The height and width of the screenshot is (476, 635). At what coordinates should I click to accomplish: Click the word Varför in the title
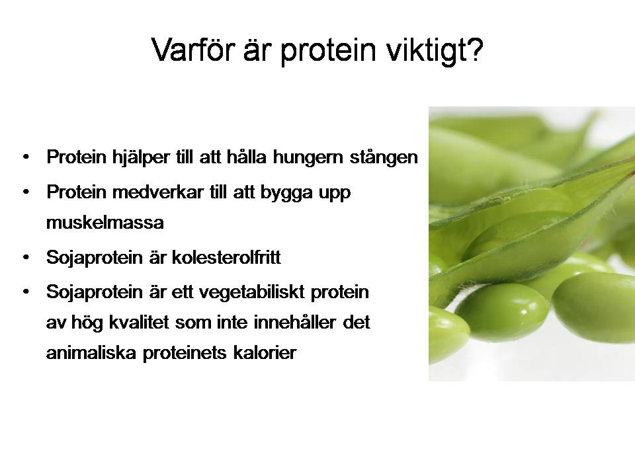click(193, 50)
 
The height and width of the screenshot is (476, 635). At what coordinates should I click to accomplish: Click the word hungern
click(308, 157)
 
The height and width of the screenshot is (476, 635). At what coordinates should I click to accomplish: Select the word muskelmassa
click(105, 223)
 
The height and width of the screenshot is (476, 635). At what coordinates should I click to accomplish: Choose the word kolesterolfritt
click(226, 257)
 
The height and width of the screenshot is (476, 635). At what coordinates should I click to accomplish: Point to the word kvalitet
click(139, 323)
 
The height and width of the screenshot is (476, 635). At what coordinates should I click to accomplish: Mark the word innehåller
click(295, 323)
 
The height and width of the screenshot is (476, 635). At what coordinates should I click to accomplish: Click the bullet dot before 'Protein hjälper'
click(26, 157)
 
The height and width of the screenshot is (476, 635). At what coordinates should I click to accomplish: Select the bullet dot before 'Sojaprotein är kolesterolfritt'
click(26, 257)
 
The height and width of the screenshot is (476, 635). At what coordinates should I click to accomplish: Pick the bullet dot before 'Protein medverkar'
click(26, 192)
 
